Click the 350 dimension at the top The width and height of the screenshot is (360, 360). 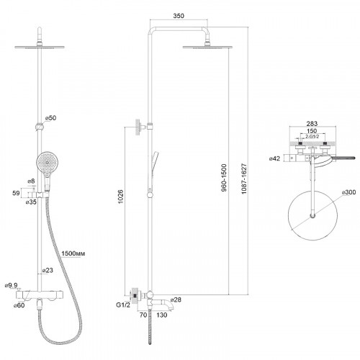[x=179, y=16]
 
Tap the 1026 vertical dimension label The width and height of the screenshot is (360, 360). [x=120, y=197]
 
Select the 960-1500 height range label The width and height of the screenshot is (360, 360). [x=224, y=178]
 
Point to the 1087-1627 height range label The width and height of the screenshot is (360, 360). [x=244, y=179]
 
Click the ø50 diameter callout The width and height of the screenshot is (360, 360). [x=50, y=118]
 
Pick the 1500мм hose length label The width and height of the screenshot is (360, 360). [x=73, y=253]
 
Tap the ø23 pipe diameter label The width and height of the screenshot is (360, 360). [x=48, y=270]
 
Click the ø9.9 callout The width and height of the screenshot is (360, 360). [x=11, y=285]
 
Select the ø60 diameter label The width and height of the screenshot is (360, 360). [x=19, y=305]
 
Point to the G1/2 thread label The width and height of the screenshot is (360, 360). [x=123, y=305]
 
